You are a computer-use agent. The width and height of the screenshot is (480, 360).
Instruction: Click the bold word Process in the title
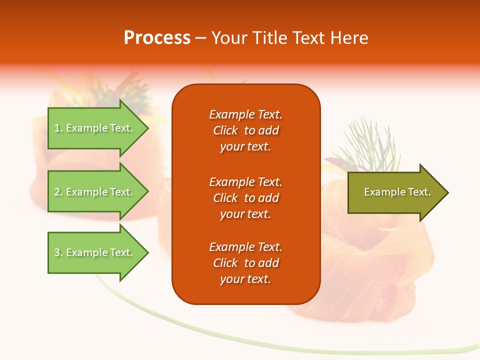[x=157, y=38]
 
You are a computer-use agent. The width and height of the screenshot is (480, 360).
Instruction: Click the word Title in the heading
[x=270, y=38]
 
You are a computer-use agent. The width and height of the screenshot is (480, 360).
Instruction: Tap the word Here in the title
[x=349, y=38]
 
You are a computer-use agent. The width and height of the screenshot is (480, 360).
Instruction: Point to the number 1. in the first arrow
[x=58, y=128]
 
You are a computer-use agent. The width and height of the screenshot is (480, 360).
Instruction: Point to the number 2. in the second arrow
[x=58, y=192]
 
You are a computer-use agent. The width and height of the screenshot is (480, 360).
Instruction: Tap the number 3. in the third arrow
[x=58, y=253]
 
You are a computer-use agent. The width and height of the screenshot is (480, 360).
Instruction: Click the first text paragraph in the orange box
[x=245, y=130]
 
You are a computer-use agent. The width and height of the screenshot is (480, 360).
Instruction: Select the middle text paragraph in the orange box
[x=245, y=198]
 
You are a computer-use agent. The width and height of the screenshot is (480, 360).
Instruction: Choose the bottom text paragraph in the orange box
[x=245, y=263]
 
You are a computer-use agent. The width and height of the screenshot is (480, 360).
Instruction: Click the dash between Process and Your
[x=200, y=38]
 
